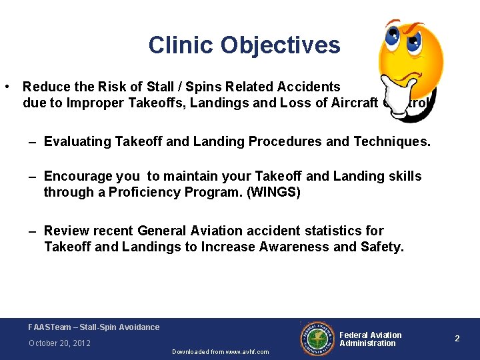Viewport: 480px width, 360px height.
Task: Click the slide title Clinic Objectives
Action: [244, 45]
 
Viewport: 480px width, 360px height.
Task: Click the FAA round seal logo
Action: [318, 339]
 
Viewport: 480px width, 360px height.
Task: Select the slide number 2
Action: [457, 339]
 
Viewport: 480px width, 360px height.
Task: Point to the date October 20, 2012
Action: [59, 343]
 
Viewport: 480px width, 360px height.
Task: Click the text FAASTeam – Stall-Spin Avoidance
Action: [94, 327]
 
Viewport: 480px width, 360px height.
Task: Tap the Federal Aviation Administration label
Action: [371, 339]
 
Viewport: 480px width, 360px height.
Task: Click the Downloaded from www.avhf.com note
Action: [221, 352]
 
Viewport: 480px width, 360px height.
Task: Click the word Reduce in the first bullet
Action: [44, 87]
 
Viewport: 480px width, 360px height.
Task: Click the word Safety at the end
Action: [382, 247]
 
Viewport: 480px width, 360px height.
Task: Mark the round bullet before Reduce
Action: [6, 87]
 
